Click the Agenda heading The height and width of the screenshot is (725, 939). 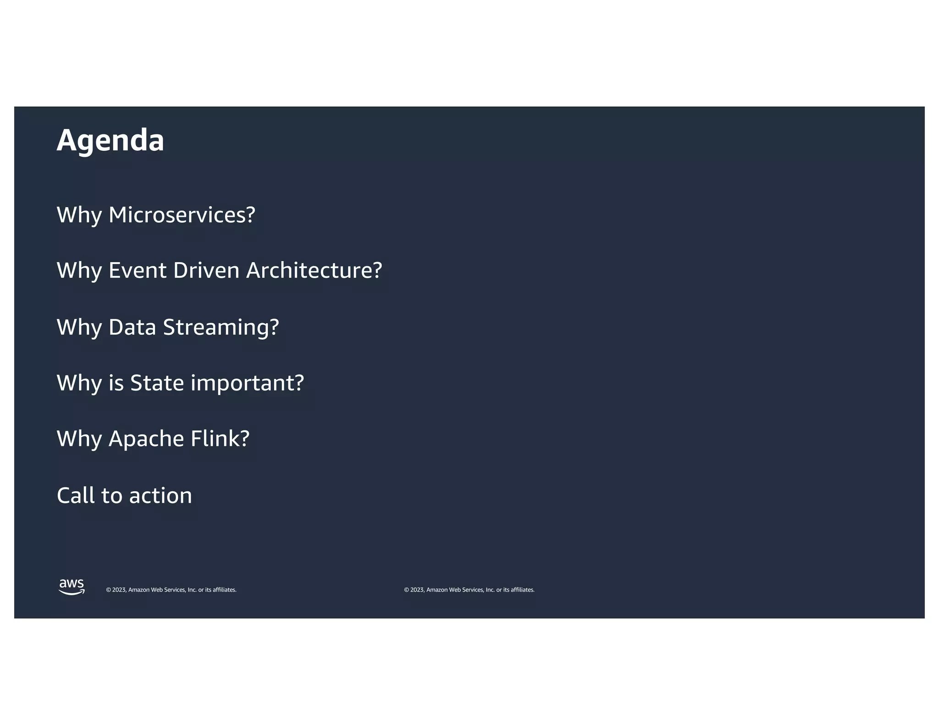click(110, 140)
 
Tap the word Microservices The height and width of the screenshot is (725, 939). click(182, 214)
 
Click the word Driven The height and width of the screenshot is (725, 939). click(206, 270)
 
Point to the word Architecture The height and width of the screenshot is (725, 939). click(314, 270)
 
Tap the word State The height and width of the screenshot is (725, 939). click(157, 383)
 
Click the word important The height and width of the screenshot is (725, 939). click(247, 384)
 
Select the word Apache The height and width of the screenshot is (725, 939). click(146, 439)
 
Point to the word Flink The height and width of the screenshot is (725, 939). click(220, 439)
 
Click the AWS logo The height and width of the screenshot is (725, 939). click(72, 587)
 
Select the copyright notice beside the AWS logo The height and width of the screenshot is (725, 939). click(171, 590)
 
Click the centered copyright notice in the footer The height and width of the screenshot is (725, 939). click(469, 590)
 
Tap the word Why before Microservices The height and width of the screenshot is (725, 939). click(79, 215)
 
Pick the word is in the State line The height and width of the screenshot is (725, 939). click(116, 383)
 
